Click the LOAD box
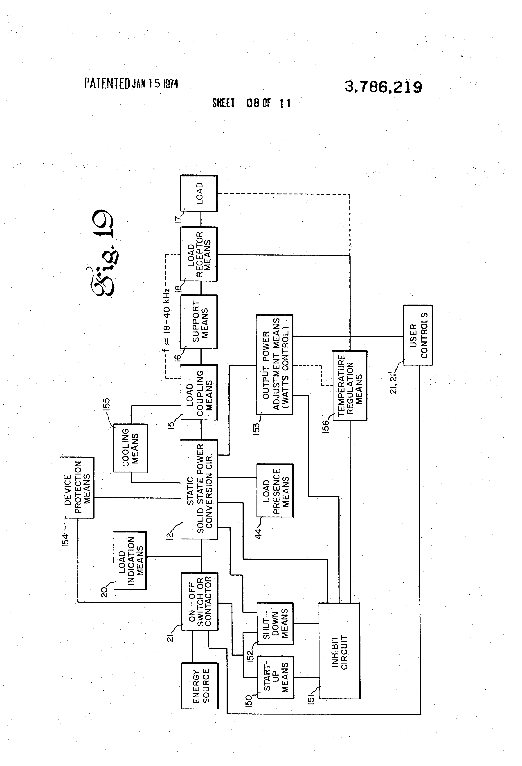(x=199, y=194)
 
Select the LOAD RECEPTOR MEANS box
(x=199, y=254)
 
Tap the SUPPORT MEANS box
(x=199, y=322)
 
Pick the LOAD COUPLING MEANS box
(x=199, y=392)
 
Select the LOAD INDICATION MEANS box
(x=130, y=560)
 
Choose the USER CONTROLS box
(x=418, y=335)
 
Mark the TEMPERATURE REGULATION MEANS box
(x=350, y=385)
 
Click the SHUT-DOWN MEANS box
(x=275, y=623)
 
